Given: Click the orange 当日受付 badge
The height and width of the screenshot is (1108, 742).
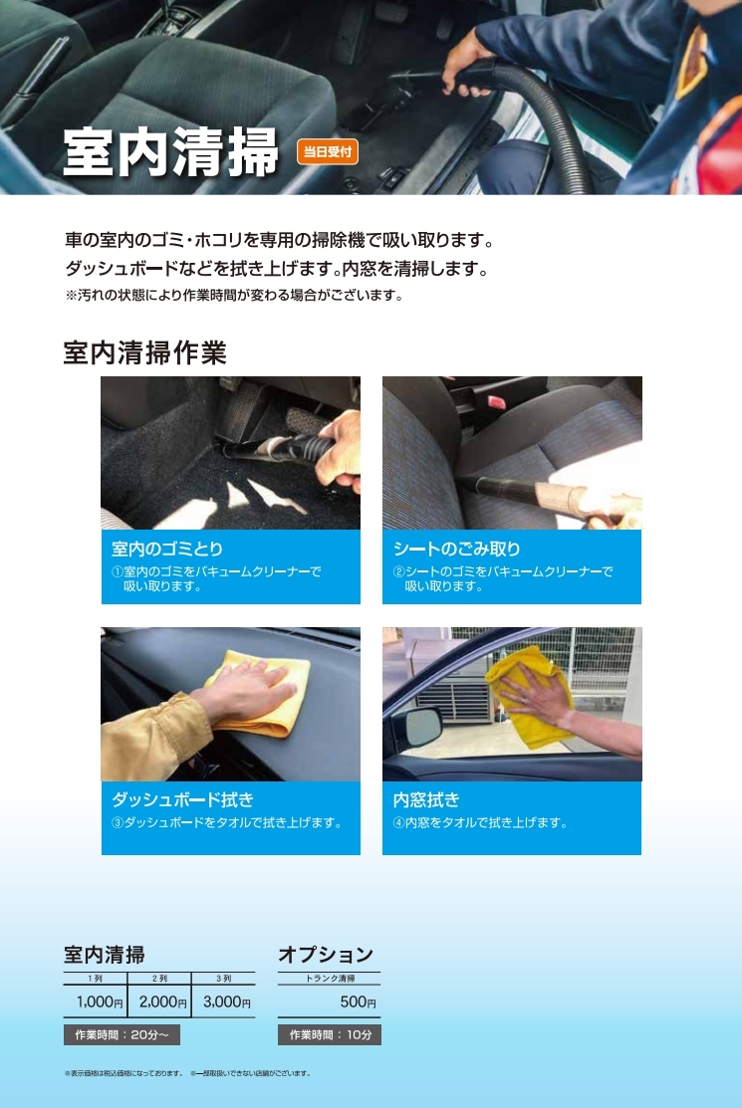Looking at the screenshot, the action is coord(328,152).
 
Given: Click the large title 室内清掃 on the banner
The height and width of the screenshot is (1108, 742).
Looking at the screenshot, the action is coord(171,152).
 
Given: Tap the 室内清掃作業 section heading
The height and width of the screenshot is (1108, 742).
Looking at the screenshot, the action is coord(144,352).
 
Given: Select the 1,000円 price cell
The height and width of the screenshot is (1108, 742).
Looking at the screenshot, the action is coord(100,1001).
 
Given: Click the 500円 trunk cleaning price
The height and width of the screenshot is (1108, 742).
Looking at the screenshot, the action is coord(358,1001).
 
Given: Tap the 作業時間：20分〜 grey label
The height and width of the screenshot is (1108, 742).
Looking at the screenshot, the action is coord(122,1034).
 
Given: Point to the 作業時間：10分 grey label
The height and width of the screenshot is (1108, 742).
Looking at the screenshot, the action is coord(330,1034).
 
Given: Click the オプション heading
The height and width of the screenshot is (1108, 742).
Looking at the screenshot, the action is coord(326,955).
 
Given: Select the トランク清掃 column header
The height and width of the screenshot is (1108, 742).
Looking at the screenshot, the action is coord(330,978).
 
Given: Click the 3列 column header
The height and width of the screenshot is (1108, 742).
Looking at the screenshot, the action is coord(223,978).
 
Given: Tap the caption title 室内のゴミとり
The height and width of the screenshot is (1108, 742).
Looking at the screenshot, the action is coord(167,550).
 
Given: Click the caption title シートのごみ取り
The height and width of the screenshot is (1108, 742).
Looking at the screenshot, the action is coord(456,550).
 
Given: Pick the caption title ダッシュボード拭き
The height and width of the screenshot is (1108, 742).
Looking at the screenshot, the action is coord(182,800).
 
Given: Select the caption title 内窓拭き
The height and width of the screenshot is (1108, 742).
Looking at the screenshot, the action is coord(426,800).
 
